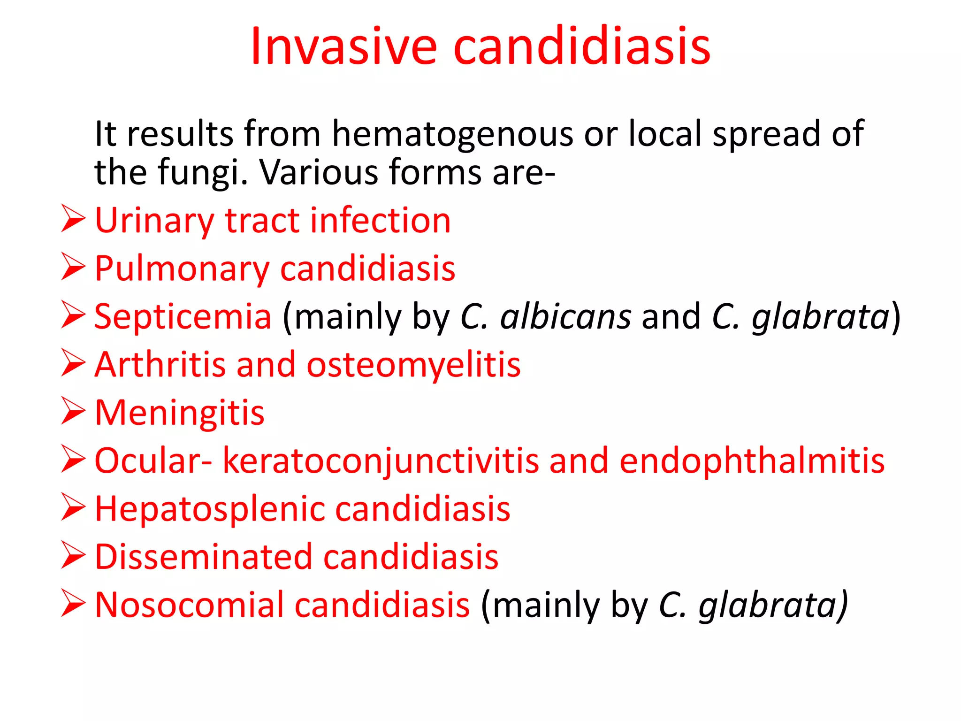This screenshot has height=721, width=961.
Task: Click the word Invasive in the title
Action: (x=343, y=46)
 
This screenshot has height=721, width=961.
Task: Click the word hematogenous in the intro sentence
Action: (x=452, y=134)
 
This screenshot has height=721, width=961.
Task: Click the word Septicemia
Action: (x=183, y=317)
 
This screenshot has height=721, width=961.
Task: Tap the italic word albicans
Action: (x=565, y=317)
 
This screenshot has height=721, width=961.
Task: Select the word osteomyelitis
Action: (x=413, y=365)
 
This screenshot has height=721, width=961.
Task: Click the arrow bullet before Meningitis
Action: (x=73, y=411)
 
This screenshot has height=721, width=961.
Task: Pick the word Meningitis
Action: (x=180, y=414)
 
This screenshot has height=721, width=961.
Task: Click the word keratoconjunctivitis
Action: (x=380, y=461)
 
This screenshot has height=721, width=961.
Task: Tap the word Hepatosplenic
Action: (x=209, y=510)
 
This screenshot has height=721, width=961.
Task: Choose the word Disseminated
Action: (x=203, y=557)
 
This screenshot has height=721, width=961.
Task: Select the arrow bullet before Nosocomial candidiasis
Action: (x=73, y=604)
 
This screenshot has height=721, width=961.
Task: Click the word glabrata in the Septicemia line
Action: (x=820, y=317)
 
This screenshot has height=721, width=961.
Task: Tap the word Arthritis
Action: (x=160, y=365)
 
